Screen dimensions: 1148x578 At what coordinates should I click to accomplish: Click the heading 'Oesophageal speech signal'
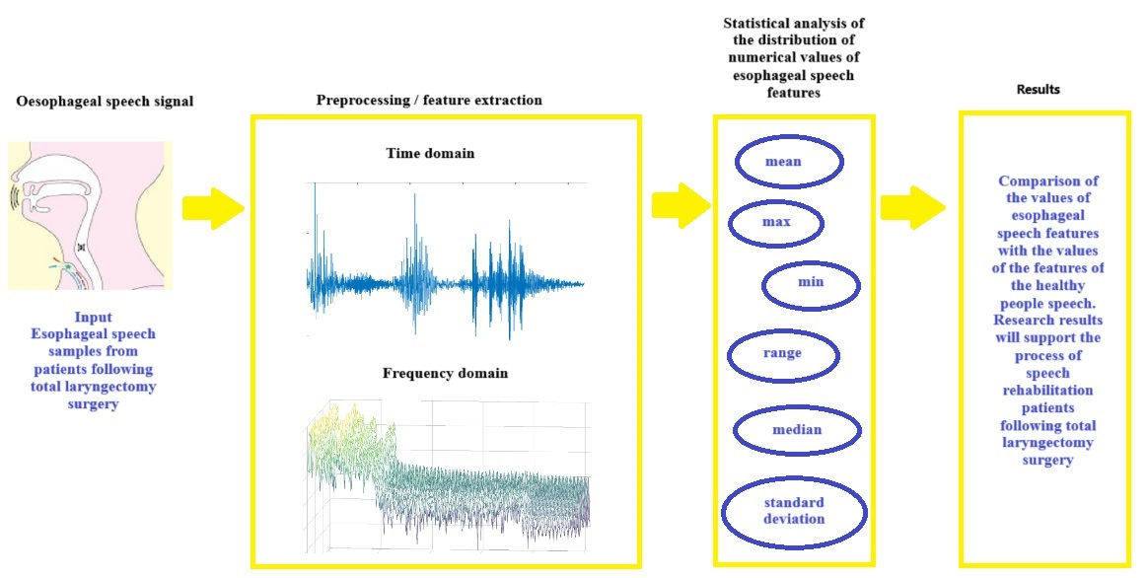105,101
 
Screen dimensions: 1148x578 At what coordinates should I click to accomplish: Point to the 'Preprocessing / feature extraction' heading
429,100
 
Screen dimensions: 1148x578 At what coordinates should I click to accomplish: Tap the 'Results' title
1039,90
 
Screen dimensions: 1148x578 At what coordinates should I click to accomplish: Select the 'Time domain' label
430,153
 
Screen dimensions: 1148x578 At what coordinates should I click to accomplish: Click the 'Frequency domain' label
445,373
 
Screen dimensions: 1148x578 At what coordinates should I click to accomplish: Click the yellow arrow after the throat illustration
213,208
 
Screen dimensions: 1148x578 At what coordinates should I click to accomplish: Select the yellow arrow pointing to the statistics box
681,205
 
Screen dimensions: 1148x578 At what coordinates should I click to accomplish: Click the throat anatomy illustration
90,215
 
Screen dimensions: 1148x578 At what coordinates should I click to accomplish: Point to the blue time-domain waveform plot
446,260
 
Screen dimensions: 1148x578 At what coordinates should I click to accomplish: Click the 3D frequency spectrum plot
448,474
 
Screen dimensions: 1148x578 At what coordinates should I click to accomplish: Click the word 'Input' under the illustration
93,318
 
